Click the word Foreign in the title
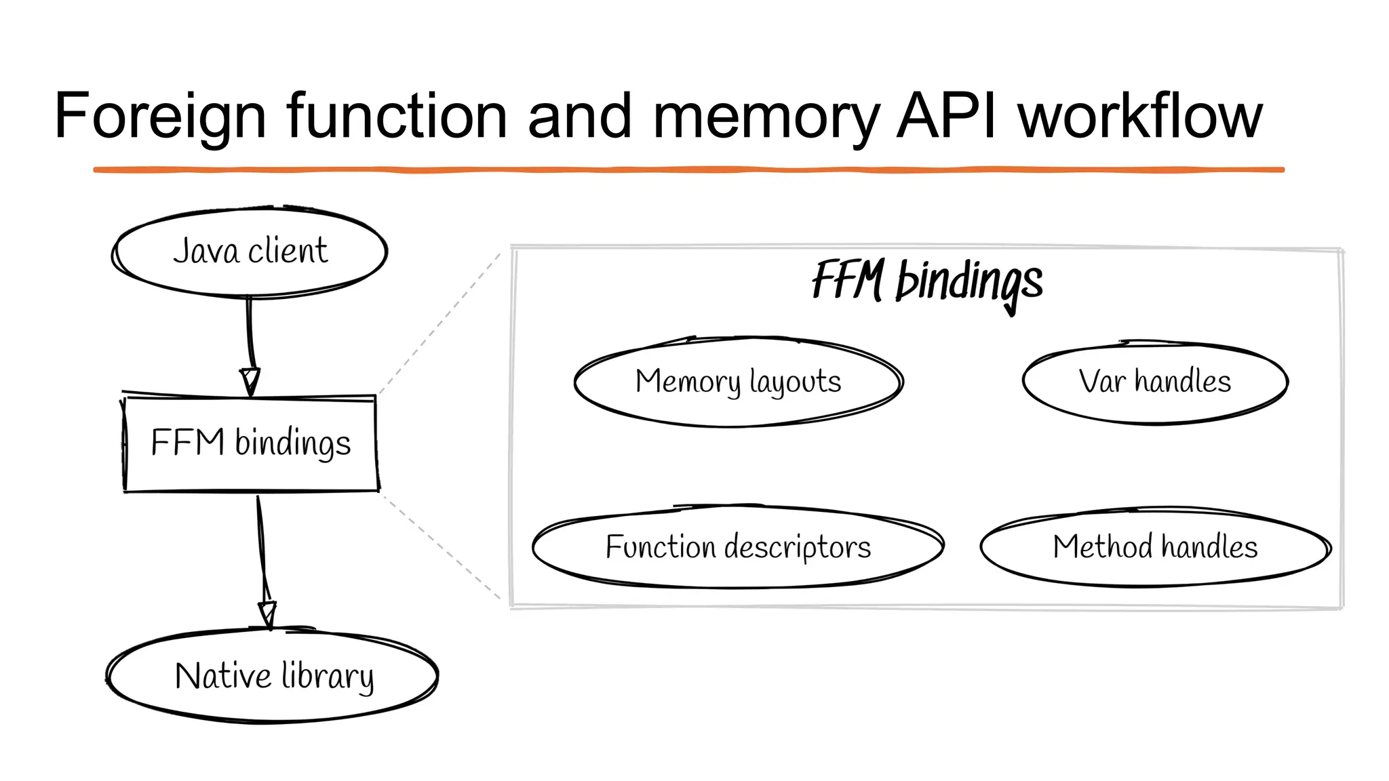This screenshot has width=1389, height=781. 160,117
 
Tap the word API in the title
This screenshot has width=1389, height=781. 947,117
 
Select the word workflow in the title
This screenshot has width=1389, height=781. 1140,117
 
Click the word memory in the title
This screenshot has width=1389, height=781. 765,117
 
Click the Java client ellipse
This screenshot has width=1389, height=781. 250,252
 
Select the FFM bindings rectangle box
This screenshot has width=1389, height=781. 250,443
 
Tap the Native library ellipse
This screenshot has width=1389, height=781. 273,676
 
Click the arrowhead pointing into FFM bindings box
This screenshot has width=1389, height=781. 250,381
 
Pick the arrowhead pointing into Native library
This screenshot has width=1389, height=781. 268,614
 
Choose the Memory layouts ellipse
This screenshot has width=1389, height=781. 738,382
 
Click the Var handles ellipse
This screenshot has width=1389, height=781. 1154,382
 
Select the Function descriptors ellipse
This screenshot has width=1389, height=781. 738,547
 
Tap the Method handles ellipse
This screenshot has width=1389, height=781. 1154,547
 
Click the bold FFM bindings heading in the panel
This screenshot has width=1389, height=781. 926,281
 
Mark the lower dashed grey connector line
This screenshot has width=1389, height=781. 441,546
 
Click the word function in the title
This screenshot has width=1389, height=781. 396,117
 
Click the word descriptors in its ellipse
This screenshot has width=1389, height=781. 797,547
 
